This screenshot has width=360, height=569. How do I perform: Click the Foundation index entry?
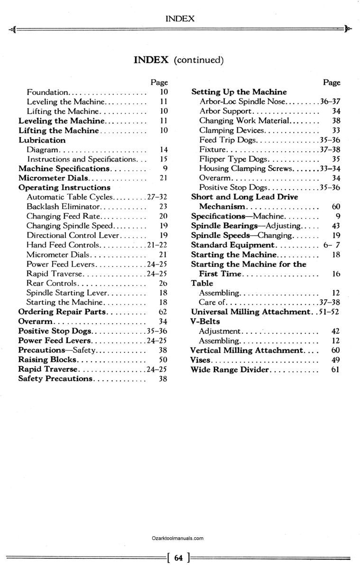[48, 92]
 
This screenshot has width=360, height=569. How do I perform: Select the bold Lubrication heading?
[42, 140]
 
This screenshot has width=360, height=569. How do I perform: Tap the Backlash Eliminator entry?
[64, 207]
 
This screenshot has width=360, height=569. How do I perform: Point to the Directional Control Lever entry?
[74, 235]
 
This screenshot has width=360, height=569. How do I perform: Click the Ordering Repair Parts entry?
[63, 312]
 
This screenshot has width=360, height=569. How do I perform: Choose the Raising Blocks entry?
[47, 359]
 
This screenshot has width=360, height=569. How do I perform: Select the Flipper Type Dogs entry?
[233, 159]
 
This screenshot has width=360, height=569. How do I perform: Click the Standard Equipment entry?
[232, 245]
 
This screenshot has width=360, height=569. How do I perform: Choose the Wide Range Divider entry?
[229, 369]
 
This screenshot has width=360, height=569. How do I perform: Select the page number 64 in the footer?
[178, 558]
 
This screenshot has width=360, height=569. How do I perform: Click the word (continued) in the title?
[198, 60]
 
